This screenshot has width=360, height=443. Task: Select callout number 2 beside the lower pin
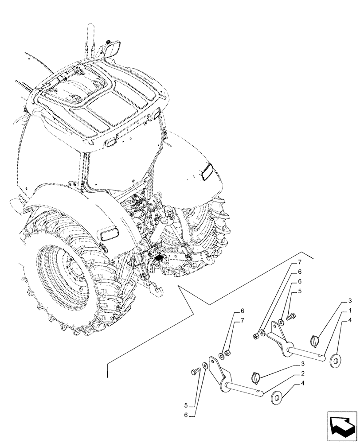(302, 373)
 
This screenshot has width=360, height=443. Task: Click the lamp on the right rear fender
(207, 171)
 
